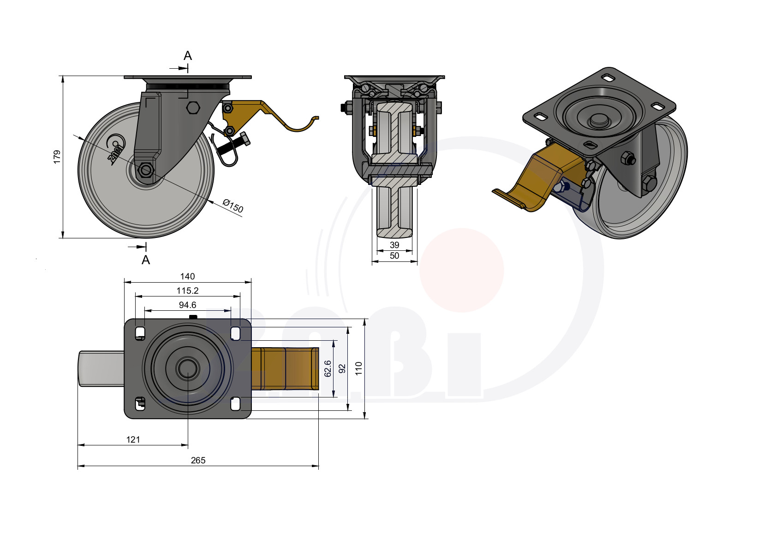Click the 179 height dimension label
pyautogui.click(x=57, y=157)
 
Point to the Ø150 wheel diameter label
pyautogui.click(x=233, y=206)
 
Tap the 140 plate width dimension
pyautogui.click(x=187, y=276)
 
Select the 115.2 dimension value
pyautogui.click(x=187, y=290)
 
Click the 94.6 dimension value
pyautogui.click(x=187, y=305)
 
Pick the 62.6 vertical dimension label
pyautogui.click(x=328, y=369)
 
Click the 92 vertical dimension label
pyautogui.click(x=342, y=369)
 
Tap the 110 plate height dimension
pyautogui.click(x=359, y=369)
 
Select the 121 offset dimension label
pyautogui.click(x=133, y=439)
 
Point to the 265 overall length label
pyautogui.click(x=198, y=460)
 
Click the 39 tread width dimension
pyautogui.click(x=394, y=245)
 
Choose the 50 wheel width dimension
pyautogui.click(x=394, y=256)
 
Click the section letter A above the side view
pyautogui.click(x=188, y=55)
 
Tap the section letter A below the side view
pyautogui.click(x=146, y=260)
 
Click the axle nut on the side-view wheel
pyautogui.click(x=147, y=170)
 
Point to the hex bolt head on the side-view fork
pyautogui.click(x=193, y=107)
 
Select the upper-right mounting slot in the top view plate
pyautogui.click(x=235, y=334)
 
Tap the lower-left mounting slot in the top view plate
pyautogui.click(x=140, y=404)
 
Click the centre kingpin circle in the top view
pyautogui.click(x=188, y=368)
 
